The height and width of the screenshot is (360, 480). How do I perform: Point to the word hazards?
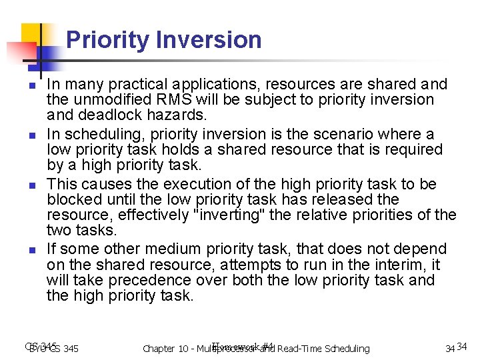(x=161, y=115)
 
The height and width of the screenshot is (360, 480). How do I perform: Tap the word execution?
(x=193, y=185)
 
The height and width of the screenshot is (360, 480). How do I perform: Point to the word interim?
(x=406, y=265)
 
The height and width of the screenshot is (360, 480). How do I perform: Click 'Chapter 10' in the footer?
(x=167, y=349)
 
